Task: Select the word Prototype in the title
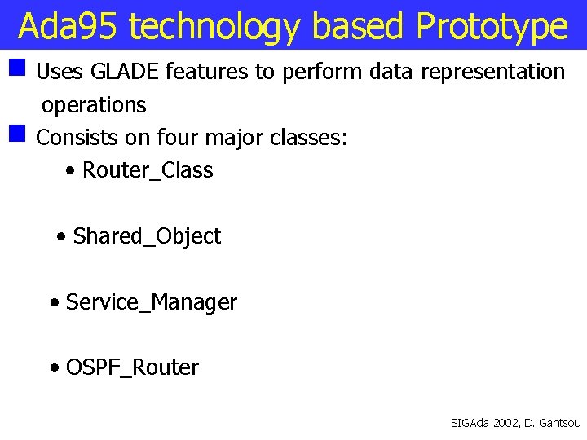492,27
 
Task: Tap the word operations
94,105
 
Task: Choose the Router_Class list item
148,170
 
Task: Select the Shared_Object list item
147,236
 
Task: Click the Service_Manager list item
151,302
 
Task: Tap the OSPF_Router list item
132,367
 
